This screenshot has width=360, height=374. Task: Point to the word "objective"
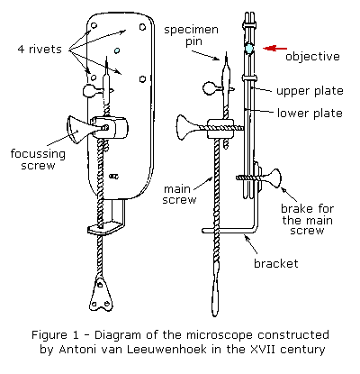coord(311,57)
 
